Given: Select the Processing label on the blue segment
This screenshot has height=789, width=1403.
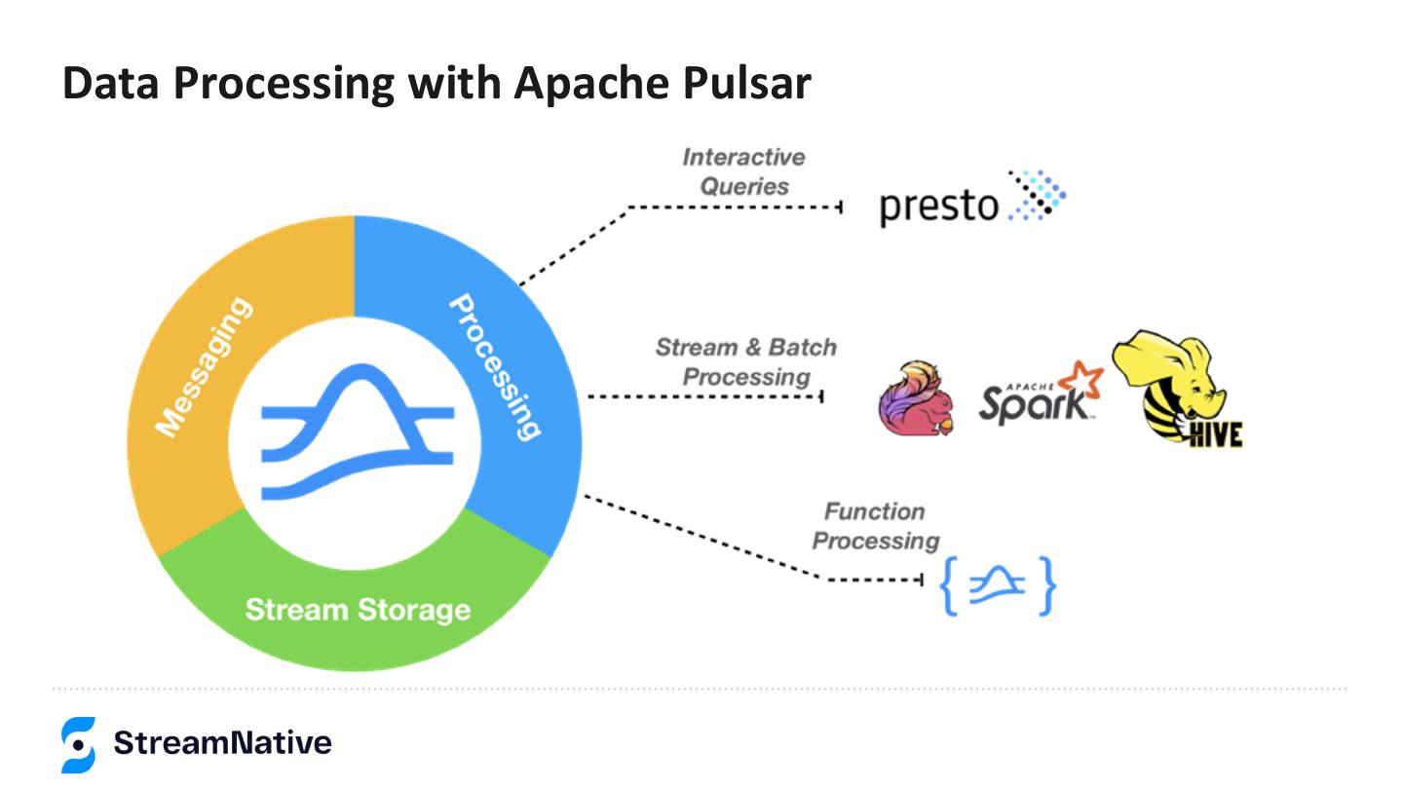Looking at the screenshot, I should [x=494, y=367].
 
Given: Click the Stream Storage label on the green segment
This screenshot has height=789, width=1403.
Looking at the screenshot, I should [x=358, y=610].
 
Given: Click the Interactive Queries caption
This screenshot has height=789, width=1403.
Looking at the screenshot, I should [x=743, y=171].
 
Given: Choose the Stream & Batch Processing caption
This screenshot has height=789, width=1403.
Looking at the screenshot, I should [x=745, y=361].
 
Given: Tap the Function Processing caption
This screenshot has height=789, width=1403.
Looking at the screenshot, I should [x=875, y=526].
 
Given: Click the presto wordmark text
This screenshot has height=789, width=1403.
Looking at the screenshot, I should [x=939, y=207].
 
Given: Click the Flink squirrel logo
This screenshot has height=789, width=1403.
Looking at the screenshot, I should [x=915, y=399].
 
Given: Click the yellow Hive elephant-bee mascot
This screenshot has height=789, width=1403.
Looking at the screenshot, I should [x=1169, y=380].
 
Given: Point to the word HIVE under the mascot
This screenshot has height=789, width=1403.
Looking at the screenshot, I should [x=1212, y=433].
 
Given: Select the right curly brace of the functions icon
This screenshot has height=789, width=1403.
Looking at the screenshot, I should [x=1045, y=585].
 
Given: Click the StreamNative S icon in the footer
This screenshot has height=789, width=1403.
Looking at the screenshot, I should [x=78, y=745].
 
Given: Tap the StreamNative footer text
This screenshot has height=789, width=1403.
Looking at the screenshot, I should [x=222, y=744].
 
